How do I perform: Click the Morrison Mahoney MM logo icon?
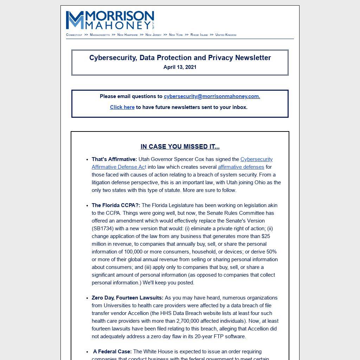coord(75,20)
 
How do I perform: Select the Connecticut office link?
coord(74,35)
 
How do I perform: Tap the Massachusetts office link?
coord(100,35)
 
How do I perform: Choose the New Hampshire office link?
coord(128,35)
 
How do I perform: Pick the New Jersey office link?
coord(153,35)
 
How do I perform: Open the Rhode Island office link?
coord(199,35)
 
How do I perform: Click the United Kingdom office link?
coord(226,35)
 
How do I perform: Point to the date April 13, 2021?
coord(180,67)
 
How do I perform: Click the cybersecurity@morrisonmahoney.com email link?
coord(212,96)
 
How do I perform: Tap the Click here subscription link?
coord(122,107)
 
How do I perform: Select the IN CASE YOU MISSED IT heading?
coord(180,147)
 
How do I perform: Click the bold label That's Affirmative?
coord(114,159)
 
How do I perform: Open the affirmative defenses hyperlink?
coord(241,167)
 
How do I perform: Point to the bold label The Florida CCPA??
coord(116,205)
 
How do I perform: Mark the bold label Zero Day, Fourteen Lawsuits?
coord(128,298)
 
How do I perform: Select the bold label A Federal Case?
coord(112,352)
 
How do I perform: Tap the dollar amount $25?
coord(266,236)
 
